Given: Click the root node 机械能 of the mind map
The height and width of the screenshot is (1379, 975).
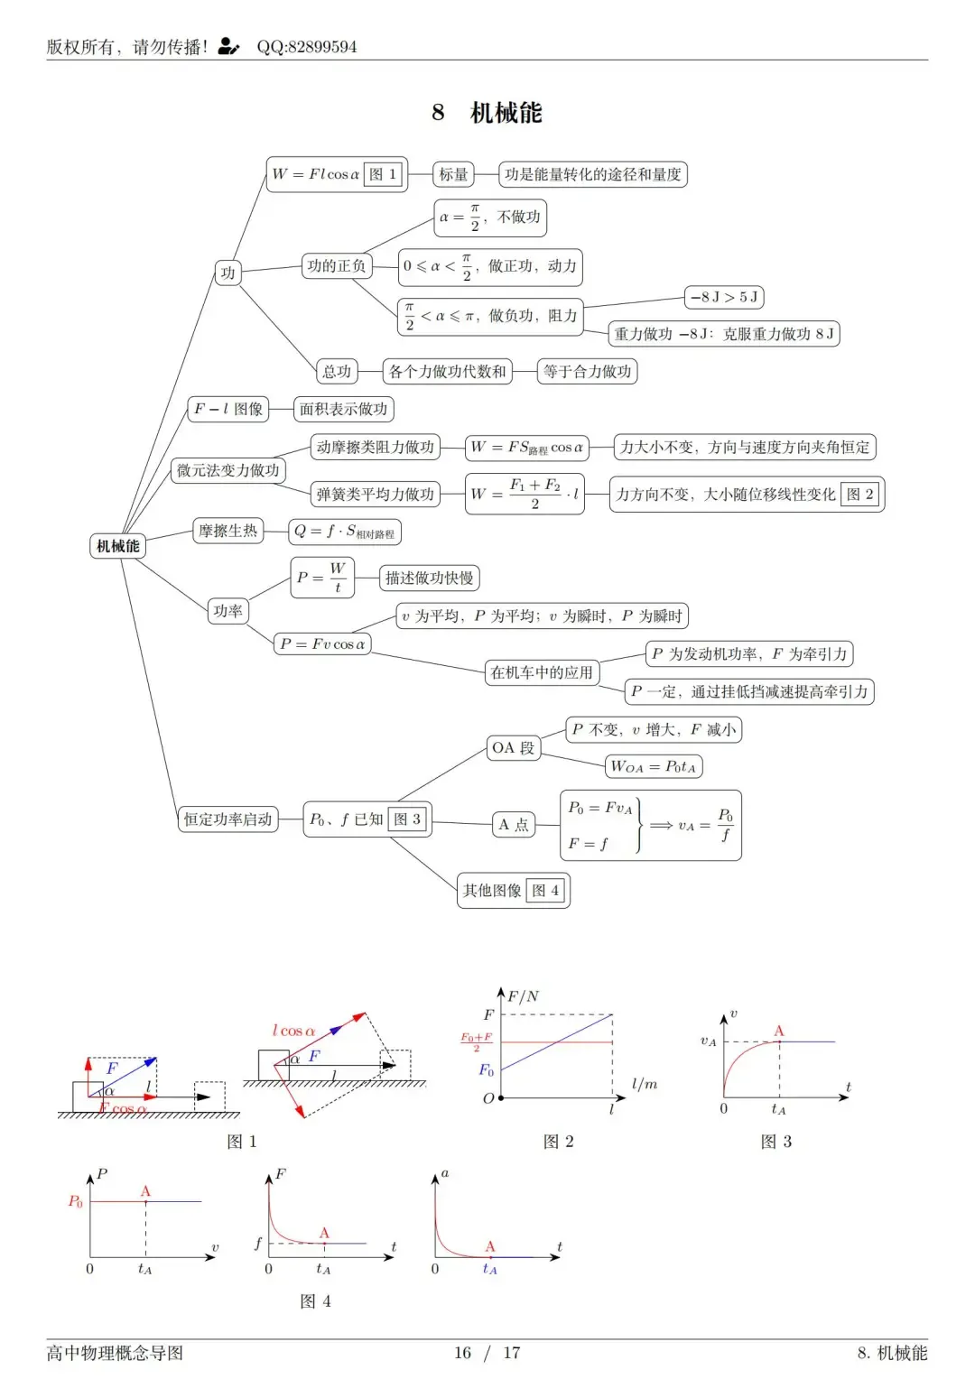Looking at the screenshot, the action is [117, 546].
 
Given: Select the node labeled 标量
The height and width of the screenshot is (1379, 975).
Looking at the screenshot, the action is [453, 174].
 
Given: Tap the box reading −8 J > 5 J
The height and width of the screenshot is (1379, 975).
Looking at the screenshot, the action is [724, 297].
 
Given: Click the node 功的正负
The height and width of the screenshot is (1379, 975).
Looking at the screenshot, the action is [337, 266].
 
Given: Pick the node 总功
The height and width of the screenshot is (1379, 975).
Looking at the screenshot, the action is [337, 371].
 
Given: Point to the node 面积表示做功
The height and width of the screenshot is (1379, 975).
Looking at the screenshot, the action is [343, 409].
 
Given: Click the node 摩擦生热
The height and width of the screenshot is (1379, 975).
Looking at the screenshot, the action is [227, 531].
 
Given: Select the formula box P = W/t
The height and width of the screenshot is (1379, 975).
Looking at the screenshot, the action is [322, 578].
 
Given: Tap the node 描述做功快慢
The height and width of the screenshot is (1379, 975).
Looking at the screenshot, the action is [430, 578].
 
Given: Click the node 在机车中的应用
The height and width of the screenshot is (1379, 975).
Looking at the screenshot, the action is [542, 672].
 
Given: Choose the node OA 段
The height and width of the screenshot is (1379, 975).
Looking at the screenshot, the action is [513, 748].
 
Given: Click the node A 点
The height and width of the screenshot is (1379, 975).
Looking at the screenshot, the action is [513, 824].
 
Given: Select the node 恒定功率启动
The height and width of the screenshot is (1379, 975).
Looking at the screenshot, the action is [227, 819].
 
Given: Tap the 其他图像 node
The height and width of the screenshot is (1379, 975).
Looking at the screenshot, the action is [513, 890].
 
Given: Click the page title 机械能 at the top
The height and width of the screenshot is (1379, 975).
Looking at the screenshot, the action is [506, 113].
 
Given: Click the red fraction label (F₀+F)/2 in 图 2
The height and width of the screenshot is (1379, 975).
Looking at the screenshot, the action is [476, 1041].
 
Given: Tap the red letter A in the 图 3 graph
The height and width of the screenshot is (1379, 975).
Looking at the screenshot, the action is [779, 1031].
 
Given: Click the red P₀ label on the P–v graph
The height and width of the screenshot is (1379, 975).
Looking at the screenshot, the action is [75, 1201].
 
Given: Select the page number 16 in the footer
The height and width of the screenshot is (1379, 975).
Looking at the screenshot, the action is [462, 1353].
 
